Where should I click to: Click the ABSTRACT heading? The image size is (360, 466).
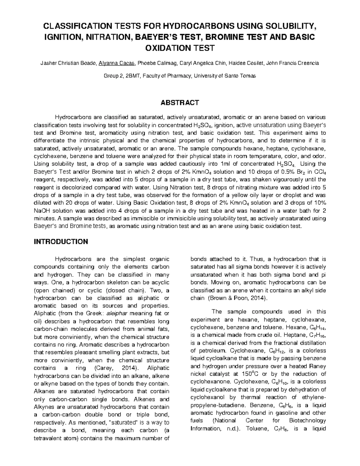180,103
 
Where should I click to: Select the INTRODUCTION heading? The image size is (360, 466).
61,242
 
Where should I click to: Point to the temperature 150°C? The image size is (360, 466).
250,374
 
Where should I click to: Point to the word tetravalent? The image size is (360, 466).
52,438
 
